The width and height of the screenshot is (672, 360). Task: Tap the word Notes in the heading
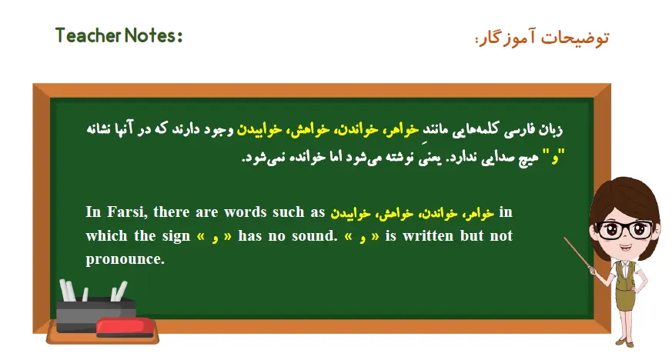click(150, 35)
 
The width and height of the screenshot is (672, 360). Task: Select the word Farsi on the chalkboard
click(127, 212)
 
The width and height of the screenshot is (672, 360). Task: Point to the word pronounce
click(125, 259)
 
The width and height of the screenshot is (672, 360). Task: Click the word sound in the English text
click(315, 236)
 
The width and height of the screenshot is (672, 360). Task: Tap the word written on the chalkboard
click(426, 236)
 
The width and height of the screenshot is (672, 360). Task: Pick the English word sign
click(176, 237)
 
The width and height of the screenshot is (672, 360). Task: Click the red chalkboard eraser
click(125, 328)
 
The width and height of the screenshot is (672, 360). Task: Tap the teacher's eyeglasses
click(625, 229)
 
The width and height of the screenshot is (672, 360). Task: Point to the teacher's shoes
click(625, 342)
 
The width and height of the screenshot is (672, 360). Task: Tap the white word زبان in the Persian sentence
click(550, 129)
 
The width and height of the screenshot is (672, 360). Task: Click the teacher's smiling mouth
click(624, 247)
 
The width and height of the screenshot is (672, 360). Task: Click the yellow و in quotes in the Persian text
click(555, 158)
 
